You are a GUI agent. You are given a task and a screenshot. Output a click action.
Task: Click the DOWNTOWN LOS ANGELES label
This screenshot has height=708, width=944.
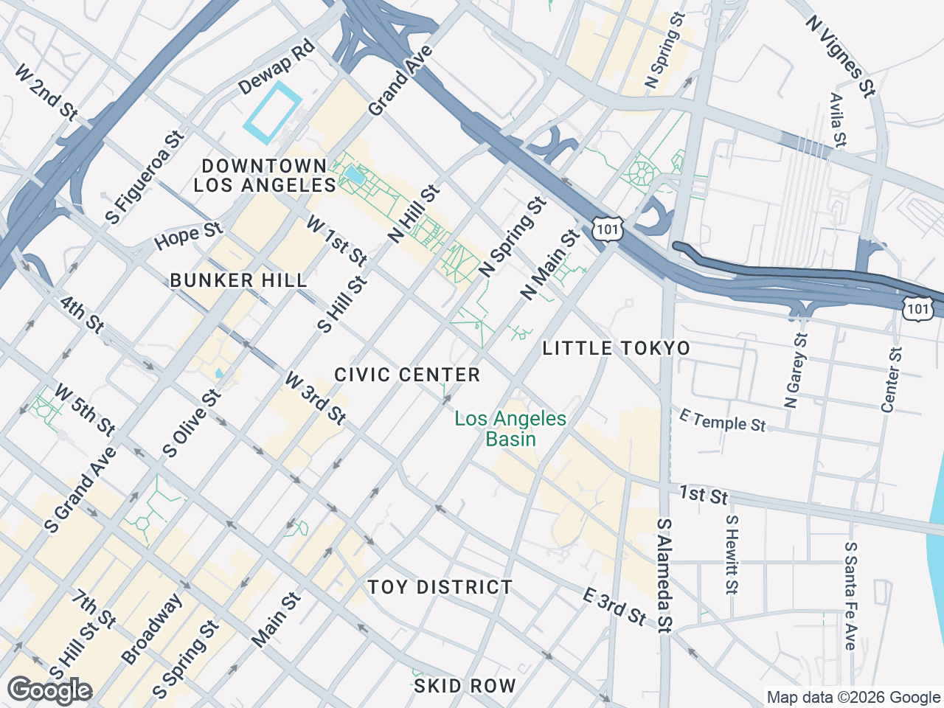click(264, 176)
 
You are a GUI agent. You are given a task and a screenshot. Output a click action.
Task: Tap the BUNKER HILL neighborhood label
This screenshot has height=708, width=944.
click(238, 280)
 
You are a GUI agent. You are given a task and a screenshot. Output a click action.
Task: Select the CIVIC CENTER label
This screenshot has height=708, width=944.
click(407, 375)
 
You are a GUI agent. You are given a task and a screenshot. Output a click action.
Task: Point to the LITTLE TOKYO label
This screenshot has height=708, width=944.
click(617, 348)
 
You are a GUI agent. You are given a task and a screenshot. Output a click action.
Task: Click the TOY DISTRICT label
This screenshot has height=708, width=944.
click(440, 587)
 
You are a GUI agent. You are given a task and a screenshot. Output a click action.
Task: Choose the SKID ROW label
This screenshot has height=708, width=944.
click(465, 686)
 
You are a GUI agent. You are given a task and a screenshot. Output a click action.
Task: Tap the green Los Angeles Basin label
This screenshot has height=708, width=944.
click(510, 428)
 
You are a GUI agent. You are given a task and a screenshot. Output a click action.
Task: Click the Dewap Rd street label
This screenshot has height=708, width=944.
click(277, 67)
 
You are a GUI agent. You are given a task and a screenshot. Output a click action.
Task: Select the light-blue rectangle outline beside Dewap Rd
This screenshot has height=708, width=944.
click(273, 113)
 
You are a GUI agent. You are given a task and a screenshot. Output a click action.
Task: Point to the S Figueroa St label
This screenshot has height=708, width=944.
click(144, 177)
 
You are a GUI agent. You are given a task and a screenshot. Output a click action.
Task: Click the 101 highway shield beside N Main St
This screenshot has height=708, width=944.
click(607, 229)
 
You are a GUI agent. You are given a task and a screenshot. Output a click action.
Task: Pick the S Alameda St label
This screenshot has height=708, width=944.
click(664, 575)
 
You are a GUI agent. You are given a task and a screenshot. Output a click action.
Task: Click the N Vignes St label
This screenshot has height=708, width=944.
click(840, 56)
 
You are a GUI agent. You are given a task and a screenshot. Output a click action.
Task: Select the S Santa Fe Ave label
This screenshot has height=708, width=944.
click(850, 596)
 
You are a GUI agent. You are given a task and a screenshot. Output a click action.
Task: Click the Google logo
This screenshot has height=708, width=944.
click(49, 690)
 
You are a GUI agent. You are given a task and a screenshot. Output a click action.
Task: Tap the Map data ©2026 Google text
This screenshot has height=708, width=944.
click(853, 697)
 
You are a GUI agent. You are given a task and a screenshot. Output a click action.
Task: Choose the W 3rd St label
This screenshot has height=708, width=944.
click(316, 399)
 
